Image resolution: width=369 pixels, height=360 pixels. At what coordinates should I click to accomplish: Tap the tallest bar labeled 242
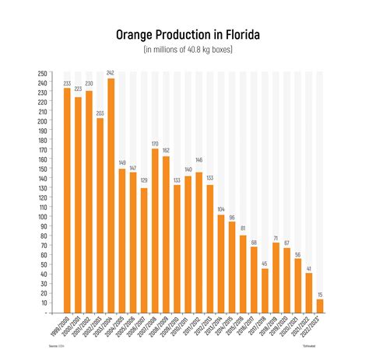[111, 195]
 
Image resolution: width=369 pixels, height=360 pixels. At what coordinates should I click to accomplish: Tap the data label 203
[100, 113]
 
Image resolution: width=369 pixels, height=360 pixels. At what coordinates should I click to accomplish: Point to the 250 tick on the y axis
[41, 74]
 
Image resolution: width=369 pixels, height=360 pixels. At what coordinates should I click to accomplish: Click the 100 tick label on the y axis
[41, 216]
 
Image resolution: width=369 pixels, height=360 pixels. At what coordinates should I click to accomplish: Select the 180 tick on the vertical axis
[41, 140]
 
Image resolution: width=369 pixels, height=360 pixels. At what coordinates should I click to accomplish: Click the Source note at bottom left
[54, 345]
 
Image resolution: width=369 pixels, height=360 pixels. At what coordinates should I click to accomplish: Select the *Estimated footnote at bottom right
[311, 345]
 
